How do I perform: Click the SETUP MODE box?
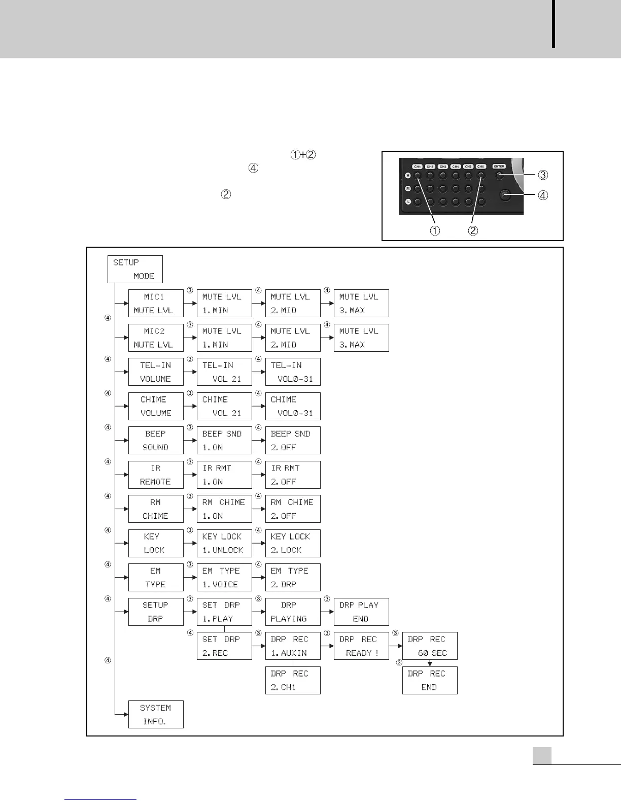click(x=135, y=269)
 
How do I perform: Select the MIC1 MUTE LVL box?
click(x=156, y=303)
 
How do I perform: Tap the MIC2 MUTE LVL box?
click(x=156, y=338)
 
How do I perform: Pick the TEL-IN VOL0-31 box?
click(x=293, y=372)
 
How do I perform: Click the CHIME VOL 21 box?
click(x=224, y=406)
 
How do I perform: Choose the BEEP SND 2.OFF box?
click(x=293, y=440)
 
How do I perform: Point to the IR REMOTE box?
click(x=156, y=475)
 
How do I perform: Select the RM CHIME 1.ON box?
click(x=224, y=509)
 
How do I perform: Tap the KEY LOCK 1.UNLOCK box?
click(x=224, y=543)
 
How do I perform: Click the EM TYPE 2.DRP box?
click(x=293, y=577)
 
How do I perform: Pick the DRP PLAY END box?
click(x=361, y=612)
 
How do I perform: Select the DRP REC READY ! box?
click(x=361, y=646)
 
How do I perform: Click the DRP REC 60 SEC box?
click(x=430, y=646)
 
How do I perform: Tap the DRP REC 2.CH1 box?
click(x=293, y=680)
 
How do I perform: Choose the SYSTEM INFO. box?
click(x=156, y=714)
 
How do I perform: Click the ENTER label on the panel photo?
click(x=499, y=166)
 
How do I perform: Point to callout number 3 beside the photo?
click(x=543, y=175)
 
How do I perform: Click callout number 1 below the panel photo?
click(x=435, y=230)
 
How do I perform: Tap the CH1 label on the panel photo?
click(x=417, y=166)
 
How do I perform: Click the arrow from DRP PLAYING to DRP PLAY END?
click(x=327, y=612)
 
